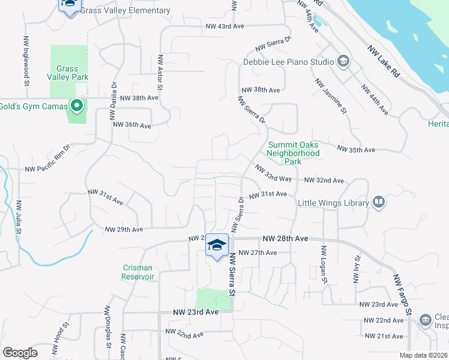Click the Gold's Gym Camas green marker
(x=76, y=107)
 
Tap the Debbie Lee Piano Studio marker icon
(x=343, y=61)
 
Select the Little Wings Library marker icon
(x=378, y=203)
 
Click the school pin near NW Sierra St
(x=217, y=245)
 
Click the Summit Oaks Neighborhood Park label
(x=294, y=153)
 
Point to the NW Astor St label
(x=160, y=73)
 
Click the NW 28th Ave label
(x=285, y=239)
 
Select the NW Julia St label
(x=19, y=217)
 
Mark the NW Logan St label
(x=324, y=264)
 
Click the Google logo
(x=20, y=353)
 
